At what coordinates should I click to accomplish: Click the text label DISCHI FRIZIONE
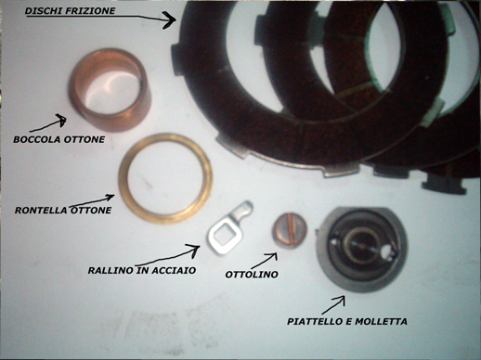point(70,11)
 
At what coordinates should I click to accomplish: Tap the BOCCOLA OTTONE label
point(58,139)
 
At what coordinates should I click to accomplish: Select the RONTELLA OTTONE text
point(63,211)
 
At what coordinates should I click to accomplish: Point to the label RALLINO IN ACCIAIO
point(142,271)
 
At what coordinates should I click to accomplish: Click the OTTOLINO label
point(252,275)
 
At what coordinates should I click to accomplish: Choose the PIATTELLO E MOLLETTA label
point(347,322)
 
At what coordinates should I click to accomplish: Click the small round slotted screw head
point(290,230)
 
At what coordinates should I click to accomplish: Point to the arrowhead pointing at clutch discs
point(170,20)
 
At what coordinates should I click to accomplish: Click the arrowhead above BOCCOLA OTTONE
point(61,120)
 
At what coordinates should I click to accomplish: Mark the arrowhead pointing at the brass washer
point(110,197)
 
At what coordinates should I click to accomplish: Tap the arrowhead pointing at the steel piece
point(193,250)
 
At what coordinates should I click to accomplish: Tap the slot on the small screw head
point(291,230)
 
